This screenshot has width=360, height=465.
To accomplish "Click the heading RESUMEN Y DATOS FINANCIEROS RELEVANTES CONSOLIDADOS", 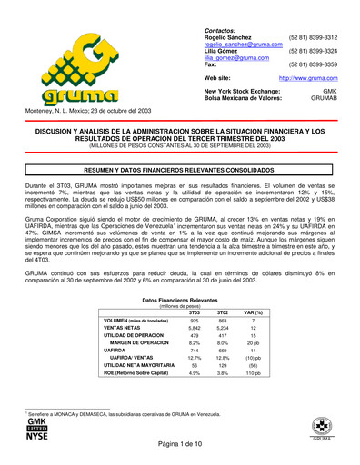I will tap(179, 170).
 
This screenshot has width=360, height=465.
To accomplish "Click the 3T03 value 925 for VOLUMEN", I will tap(194, 321).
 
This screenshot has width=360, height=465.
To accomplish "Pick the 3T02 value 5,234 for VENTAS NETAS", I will tap(223, 329).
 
